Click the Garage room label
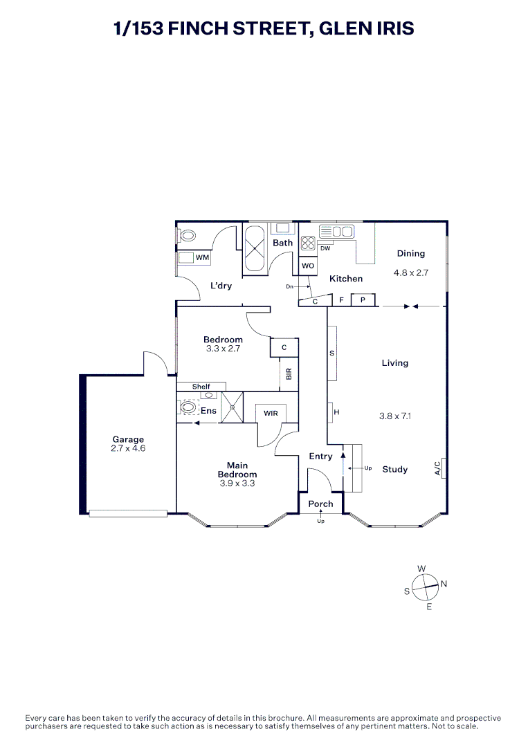(128, 439)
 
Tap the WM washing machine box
(194, 258)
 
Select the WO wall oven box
(308, 266)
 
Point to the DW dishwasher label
(325, 248)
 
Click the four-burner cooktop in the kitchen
(309, 243)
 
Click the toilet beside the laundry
(186, 236)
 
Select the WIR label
(271, 413)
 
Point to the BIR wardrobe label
(289, 374)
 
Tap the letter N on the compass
(444, 584)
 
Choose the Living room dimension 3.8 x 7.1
(395, 416)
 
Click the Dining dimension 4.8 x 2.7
(411, 273)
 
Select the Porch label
(320, 504)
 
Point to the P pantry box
(363, 300)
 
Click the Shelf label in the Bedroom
(201, 387)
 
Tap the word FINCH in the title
(198, 28)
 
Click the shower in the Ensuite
(232, 407)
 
